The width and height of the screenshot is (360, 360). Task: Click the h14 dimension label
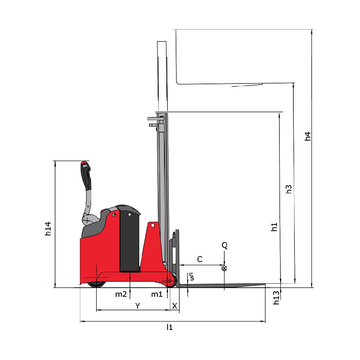tap(48, 229)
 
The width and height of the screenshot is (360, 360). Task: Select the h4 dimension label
tap(308, 136)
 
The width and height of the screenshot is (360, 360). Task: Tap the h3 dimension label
tap(289, 189)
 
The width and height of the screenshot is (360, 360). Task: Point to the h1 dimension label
tap(274, 227)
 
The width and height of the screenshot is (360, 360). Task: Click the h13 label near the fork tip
tap(276, 298)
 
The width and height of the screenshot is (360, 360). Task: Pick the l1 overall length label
tap(170, 327)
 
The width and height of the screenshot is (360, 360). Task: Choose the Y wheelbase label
tap(137, 306)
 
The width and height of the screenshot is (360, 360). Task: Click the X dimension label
tap(175, 306)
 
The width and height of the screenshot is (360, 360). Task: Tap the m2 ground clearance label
tap(121, 294)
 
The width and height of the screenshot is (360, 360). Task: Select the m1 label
tap(157, 294)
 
